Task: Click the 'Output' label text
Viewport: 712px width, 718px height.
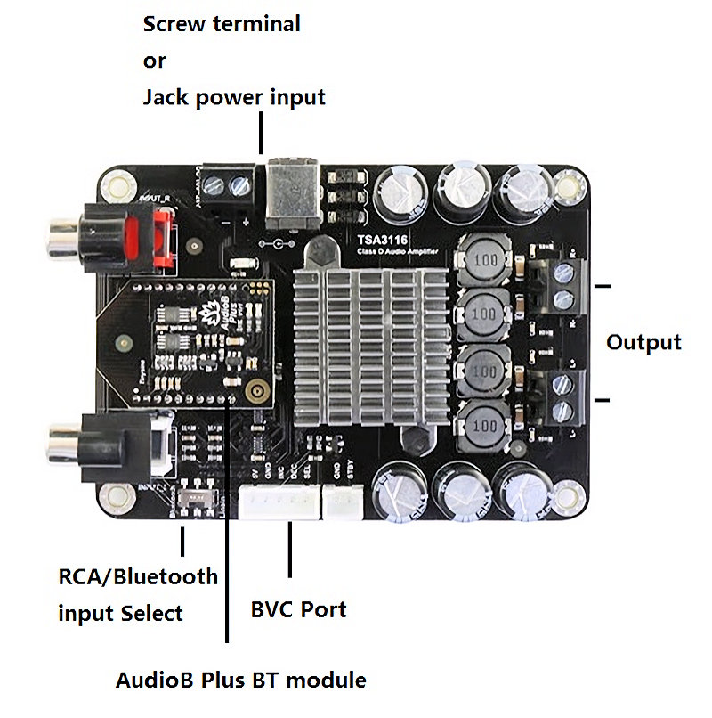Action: click(x=643, y=342)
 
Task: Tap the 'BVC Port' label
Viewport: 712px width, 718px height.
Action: click(x=298, y=610)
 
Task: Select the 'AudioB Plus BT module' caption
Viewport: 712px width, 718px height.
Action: click(x=240, y=681)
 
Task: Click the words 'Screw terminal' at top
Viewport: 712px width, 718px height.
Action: click(x=222, y=24)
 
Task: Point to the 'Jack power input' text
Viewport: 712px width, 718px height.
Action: click(x=234, y=97)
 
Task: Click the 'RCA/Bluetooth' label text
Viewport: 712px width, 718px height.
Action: click(x=138, y=576)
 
